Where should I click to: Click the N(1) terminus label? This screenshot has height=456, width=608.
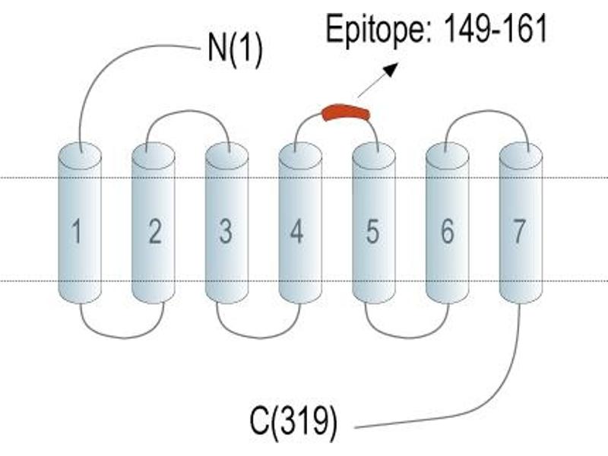(x=235, y=49)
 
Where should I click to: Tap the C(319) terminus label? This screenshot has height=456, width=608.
(x=293, y=422)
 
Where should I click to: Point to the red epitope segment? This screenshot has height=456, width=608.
(x=346, y=112)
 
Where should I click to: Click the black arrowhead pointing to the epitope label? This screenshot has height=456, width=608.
(x=391, y=69)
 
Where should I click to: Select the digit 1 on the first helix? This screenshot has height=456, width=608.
(x=77, y=231)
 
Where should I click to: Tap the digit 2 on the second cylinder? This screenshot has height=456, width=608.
(x=155, y=231)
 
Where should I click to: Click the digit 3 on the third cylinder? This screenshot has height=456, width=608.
(x=226, y=231)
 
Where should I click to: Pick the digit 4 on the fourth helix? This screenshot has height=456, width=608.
(x=296, y=231)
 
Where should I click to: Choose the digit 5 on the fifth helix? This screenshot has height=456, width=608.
(x=372, y=231)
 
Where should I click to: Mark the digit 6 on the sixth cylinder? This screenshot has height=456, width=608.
(x=447, y=231)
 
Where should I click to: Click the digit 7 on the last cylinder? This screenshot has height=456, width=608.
(x=519, y=231)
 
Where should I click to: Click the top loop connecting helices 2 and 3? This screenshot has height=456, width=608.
(x=188, y=111)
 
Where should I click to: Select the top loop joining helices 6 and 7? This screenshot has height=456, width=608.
(x=487, y=111)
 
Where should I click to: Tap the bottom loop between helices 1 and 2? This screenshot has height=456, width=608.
(x=123, y=337)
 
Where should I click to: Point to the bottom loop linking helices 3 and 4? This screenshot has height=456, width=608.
(x=259, y=337)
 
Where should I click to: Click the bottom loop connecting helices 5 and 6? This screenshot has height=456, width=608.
(x=407, y=337)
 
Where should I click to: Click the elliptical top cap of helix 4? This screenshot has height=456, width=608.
(x=300, y=156)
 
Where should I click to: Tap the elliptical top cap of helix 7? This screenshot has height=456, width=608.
(x=521, y=156)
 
